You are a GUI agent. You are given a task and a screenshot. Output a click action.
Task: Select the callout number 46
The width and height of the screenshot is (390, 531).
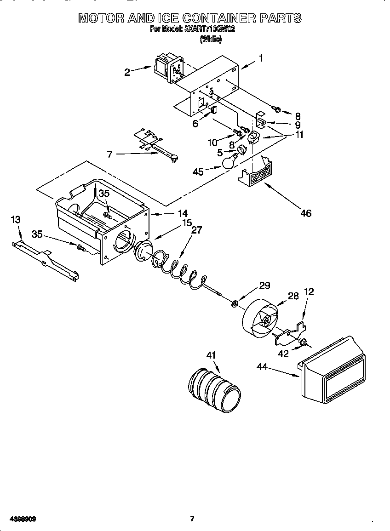pos(305,213)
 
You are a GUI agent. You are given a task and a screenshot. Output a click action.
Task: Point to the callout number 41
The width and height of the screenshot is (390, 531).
pos(211,355)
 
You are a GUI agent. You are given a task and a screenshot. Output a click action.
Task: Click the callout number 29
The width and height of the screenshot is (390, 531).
pos(264,285)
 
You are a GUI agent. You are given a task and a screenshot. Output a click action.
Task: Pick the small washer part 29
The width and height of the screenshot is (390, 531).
pos(235,303)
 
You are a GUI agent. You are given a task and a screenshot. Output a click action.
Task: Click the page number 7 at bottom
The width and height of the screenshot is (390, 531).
pos(192,519)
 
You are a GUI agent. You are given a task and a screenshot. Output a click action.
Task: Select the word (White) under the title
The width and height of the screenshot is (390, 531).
pos(211,40)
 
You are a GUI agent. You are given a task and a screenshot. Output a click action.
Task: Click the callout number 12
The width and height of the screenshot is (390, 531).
pos(309,291)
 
